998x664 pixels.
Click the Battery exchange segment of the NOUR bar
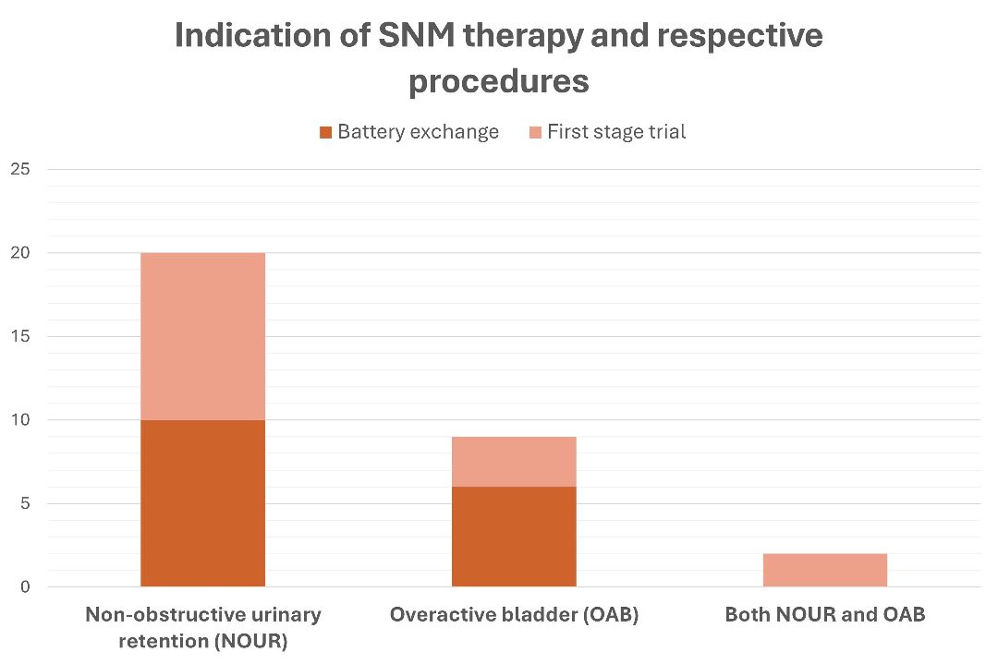tap(202, 503)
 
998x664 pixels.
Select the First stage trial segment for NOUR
tap(202, 336)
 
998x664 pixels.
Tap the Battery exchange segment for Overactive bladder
tap(514, 537)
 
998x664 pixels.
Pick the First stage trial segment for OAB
tap(514, 462)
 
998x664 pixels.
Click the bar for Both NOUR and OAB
tap(825, 570)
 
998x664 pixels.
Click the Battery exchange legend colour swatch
tap(326, 132)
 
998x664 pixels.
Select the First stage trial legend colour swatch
tap(535, 132)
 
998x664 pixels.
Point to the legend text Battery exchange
tap(419, 132)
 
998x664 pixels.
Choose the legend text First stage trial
tap(616, 132)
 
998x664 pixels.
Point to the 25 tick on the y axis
tap(20, 169)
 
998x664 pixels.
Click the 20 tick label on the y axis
tap(20, 253)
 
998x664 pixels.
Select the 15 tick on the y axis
tap(20, 336)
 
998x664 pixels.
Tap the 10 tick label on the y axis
tap(20, 420)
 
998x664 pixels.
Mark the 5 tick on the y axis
tap(25, 503)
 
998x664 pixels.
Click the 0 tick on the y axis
tap(25, 587)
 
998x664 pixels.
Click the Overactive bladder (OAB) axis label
tap(515, 615)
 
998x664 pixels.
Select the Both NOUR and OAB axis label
tap(825, 614)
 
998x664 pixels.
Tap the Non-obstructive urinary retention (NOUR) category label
tap(203, 628)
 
